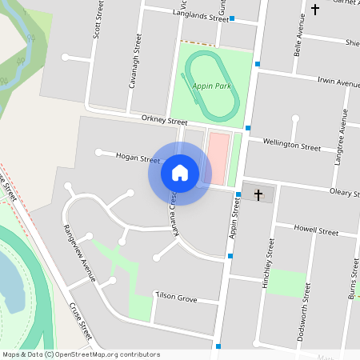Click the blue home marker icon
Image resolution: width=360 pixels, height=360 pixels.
[x=180, y=173]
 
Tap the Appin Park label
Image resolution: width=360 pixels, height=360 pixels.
[x=210, y=86]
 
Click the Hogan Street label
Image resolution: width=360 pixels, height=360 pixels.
[x=138, y=158]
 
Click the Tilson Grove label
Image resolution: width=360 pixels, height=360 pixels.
[x=176, y=298]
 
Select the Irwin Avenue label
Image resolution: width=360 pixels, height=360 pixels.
[x=338, y=82]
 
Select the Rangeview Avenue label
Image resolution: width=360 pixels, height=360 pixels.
[x=79, y=253]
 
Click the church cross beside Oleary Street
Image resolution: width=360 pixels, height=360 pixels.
[x=258, y=194]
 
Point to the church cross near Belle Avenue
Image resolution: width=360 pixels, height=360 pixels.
[x=315, y=10]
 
